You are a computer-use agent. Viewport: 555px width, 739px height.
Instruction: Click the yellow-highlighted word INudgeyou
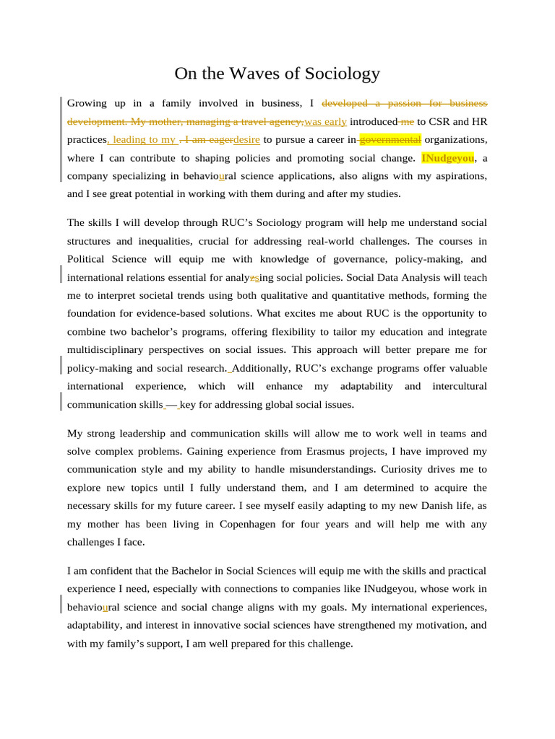[447, 157]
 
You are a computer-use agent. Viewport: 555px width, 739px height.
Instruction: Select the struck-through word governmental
[390, 139]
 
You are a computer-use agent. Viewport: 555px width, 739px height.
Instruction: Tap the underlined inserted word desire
[246, 139]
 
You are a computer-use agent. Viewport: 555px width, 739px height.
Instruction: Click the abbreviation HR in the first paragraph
[480, 121]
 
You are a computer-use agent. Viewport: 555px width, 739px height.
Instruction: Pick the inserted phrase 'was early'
[325, 121]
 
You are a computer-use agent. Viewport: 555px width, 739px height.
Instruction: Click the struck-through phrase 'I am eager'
[209, 139]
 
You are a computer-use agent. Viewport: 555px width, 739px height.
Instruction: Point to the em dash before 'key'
[172, 404]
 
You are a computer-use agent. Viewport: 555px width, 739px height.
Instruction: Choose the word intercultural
[460, 386]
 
